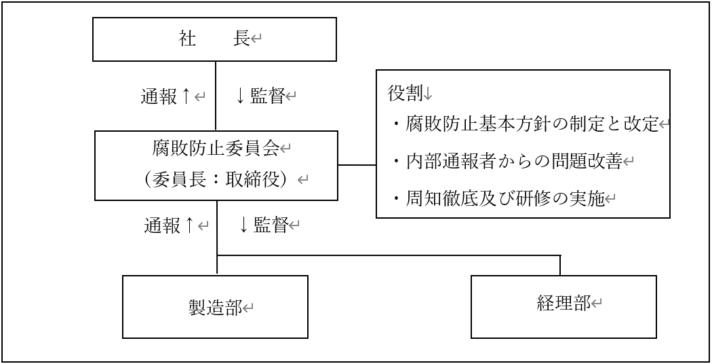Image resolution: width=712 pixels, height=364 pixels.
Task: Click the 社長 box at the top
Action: pyautogui.click(x=214, y=39)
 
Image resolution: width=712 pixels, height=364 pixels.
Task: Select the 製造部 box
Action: pyautogui.click(x=215, y=307)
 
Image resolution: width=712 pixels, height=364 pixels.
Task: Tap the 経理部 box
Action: pyautogui.click(x=563, y=307)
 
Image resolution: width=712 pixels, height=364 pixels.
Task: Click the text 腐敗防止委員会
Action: pyautogui.click(x=215, y=149)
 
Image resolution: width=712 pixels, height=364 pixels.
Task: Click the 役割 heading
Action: pyautogui.click(x=405, y=93)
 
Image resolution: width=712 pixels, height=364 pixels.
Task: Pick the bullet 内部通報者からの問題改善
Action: pyautogui.click(x=508, y=162)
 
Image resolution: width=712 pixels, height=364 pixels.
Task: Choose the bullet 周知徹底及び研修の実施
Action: pyautogui.click(x=498, y=199)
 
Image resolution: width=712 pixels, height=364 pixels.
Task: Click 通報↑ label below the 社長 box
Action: pyautogui.click(x=165, y=96)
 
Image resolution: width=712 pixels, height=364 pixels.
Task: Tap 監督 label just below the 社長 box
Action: pyautogui.click(x=268, y=96)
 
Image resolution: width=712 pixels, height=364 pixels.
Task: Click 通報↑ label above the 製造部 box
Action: pyautogui.click(x=169, y=225)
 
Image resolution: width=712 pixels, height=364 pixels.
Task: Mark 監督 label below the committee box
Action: pyautogui.click(x=271, y=225)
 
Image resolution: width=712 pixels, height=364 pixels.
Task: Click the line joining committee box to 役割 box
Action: pyautogui.click(x=357, y=165)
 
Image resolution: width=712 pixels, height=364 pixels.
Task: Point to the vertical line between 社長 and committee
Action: pyautogui.click(x=215, y=96)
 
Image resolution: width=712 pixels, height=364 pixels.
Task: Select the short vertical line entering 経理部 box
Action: pyautogui.click(x=560, y=266)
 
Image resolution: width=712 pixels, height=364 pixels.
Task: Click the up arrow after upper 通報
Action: pyautogui.click(x=185, y=96)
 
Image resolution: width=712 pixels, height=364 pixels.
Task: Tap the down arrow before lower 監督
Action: pyautogui.click(x=243, y=225)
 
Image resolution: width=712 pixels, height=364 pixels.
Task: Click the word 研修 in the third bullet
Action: pyautogui.click(x=533, y=199)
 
